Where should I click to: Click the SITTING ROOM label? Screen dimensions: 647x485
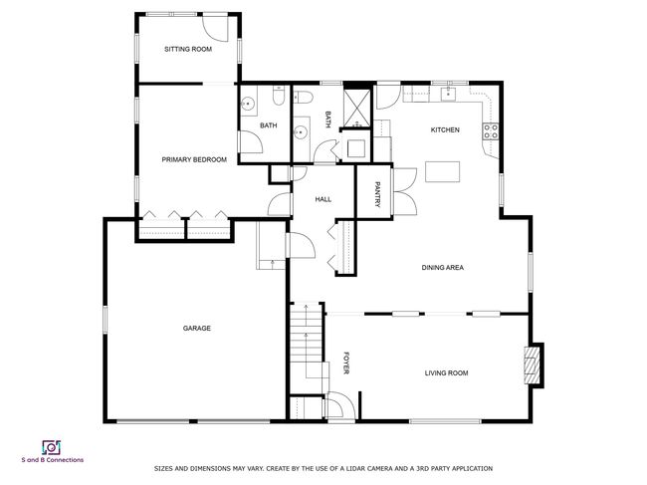click(x=188, y=49)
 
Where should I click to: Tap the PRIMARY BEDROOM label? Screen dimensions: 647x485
click(x=194, y=159)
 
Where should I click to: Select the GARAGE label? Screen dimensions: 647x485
click(x=197, y=329)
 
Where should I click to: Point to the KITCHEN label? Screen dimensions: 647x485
click(x=445, y=130)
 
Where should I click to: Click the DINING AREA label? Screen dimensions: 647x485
click(x=442, y=268)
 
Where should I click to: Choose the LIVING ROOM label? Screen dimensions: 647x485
click(x=447, y=373)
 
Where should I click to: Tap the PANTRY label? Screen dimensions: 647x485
click(x=376, y=194)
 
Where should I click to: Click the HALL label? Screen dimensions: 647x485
click(x=323, y=199)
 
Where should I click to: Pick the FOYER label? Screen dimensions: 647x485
click(x=346, y=363)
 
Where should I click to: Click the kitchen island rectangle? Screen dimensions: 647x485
click(x=442, y=171)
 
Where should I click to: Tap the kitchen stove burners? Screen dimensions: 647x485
click(x=491, y=131)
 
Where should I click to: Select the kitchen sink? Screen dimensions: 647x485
click(x=448, y=95)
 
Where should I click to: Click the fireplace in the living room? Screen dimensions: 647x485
click(x=533, y=365)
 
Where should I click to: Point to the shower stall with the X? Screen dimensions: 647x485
click(x=357, y=108)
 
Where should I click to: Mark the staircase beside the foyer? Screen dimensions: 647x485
click(x=306, y=347)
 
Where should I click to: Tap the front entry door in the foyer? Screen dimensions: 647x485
click(x=340, y=405)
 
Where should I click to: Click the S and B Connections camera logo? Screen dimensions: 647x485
click(x=51, y=448)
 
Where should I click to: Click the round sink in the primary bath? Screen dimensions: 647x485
click(x=248, y=104)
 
